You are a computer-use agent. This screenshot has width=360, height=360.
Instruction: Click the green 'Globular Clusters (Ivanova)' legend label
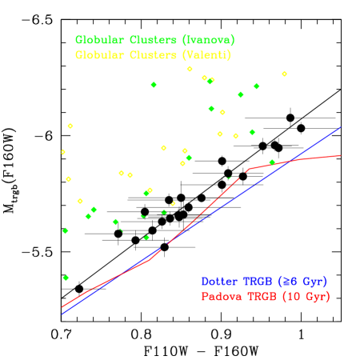point(154,40)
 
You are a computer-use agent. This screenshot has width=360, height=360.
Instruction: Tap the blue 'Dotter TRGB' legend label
point(263,282)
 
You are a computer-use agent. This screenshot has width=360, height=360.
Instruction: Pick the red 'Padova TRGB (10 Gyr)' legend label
point(265,297)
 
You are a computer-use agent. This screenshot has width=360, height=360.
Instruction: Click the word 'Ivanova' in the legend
point(208,40)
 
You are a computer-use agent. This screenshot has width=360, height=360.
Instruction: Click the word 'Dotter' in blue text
point(219,282)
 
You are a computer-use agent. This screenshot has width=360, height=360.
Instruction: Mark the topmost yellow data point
point(190,69)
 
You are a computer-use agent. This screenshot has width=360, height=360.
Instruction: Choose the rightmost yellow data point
point(284,74)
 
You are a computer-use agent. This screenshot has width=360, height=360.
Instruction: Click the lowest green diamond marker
point(66,278)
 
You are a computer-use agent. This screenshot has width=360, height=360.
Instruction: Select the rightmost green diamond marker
point(272,162)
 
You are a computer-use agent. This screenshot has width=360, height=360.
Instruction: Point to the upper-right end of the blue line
point(342,126)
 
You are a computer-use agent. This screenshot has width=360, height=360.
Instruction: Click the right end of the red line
point(342,155)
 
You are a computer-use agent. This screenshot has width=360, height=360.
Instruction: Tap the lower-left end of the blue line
point(62,314)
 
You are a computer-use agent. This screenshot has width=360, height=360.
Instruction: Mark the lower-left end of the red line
point(62,307)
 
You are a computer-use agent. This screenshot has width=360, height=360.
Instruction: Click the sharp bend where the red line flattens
point(248,169)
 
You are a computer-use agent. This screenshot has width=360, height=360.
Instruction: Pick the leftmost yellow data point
point(62,152)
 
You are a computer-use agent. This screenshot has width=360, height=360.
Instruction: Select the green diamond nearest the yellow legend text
point(154,85)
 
